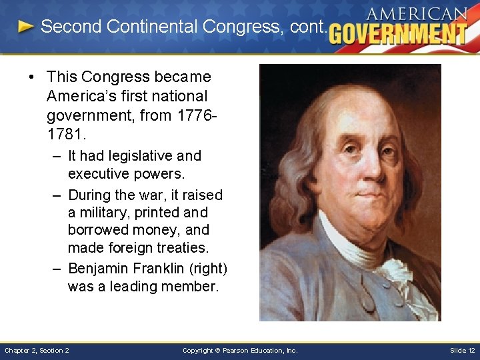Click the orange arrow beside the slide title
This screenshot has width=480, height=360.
click(x=26, y=27)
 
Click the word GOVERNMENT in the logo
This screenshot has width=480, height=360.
click(x=398, y=33)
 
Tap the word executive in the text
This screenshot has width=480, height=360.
click(x=97, y=173)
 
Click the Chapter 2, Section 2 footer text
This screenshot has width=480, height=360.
click(x=37, y=350)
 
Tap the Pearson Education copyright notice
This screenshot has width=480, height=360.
click(x=240, y=350)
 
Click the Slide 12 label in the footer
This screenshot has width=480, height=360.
click(x=462, y=350)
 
